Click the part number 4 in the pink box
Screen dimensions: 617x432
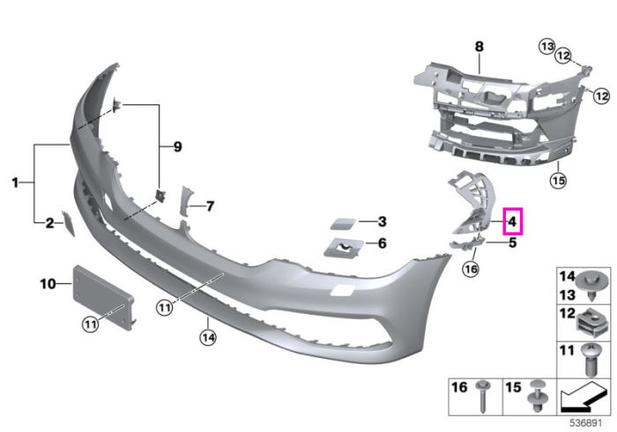click(512, 222)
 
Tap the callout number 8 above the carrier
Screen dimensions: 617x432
click(479, 47)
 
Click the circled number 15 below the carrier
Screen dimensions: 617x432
click(558, 180)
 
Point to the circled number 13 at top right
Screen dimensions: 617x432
click(547, 47)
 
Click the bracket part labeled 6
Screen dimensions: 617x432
click(344, 248)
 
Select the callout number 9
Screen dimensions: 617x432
click(177, 146)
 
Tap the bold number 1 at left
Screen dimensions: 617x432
click(15, 182)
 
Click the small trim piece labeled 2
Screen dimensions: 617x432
click(67, 223)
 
